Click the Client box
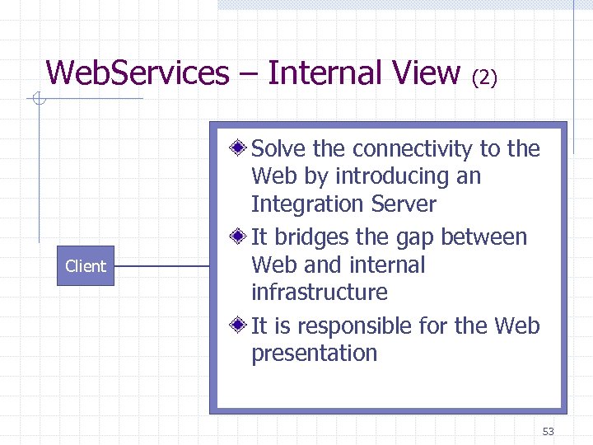coord(86,266)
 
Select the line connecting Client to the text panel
coord(161,266)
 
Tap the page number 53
coord(549,432)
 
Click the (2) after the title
coord(484,77)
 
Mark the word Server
coord(404,204)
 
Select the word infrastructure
coord(319,293)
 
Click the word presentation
coord(314,354)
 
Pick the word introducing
coord(391,176)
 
